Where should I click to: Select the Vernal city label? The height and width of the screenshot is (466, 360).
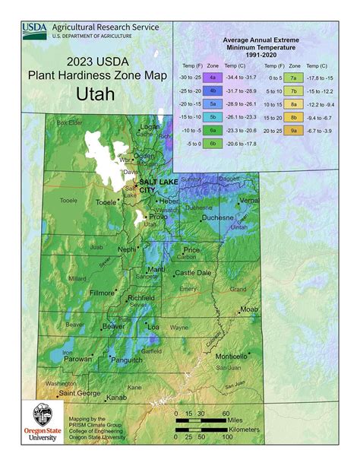point(249,200)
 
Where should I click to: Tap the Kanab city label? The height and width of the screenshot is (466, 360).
point(116,398)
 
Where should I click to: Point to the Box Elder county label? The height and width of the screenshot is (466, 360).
point(68,122)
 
